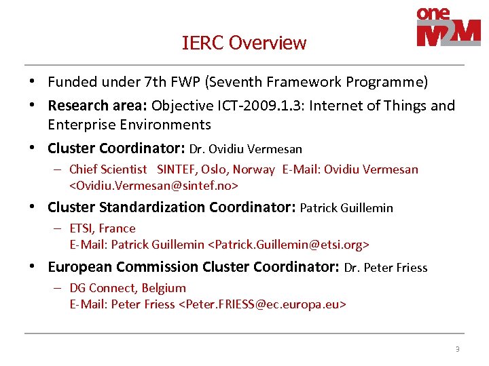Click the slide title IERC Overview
point(244,43)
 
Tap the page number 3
point(457,350)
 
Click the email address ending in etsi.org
point(288,245)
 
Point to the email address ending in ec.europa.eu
point(262,304)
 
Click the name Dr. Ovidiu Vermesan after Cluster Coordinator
point(246,148)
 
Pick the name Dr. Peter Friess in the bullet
point(386,268)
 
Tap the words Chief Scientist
point(108,169)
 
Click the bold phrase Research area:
point(98,106)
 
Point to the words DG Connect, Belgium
point(128,288)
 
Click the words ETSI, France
point(103,228)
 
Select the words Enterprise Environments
point(129,125)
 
